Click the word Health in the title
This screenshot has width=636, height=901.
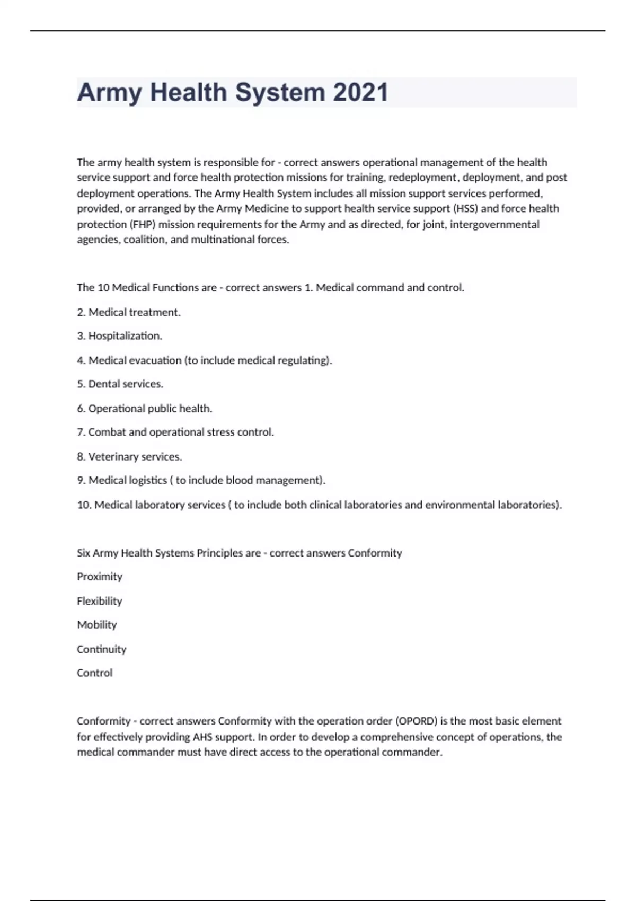pyautogui.click(x=188, y=92)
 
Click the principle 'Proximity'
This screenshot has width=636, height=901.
pyautogui.click(x=100, y=577)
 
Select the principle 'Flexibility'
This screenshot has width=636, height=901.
pyautogui.click(x=100, y=601)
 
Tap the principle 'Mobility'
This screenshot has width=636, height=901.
pyautogui.click(x=97, y=625)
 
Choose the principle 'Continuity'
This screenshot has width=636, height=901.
pyautogui.click(x=102, y=649)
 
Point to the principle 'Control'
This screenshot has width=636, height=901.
pyautogui.click(x=95, y=673)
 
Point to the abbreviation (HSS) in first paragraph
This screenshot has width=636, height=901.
pyautogui.click(x=466, y=208)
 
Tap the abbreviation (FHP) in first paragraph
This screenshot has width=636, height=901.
pyautogui.click(x=142, y=224)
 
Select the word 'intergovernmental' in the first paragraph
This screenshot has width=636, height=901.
pyautogui.click(x=494, y=224)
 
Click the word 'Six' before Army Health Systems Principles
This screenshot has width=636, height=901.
pyautogui.click(x=83, y=553)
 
